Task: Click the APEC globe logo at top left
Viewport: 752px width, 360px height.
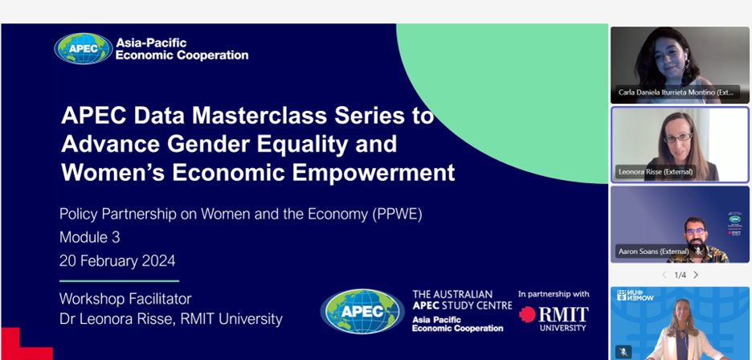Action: (84, 48)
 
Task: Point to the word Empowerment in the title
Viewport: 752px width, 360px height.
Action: (374, 173)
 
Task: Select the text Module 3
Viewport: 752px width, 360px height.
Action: (90, 237)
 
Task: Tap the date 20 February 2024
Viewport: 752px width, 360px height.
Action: (117, 261)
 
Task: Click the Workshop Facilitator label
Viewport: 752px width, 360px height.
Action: (125, 299)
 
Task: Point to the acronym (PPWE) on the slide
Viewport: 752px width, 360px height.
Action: (397, 214)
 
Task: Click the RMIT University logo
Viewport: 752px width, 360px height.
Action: (554, 318)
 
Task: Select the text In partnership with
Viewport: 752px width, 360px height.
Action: (554, 294)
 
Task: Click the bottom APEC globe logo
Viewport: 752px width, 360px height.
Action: (362, 312)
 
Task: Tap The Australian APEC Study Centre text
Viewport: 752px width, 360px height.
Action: (462, 299)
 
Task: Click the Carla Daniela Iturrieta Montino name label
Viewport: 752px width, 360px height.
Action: (676, 92)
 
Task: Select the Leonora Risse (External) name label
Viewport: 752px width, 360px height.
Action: (655, 172)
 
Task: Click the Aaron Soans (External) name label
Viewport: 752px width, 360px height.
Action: (654, 251)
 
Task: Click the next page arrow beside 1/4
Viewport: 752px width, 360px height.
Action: (696, 275)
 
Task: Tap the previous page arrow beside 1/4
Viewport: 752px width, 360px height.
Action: (664, 275)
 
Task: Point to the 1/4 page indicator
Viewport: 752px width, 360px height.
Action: (680, 275)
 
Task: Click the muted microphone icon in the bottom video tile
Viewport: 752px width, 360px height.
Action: (623, 352)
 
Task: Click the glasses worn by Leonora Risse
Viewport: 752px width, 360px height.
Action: (678, 137)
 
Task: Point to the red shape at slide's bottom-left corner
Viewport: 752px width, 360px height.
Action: (22, 346)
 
